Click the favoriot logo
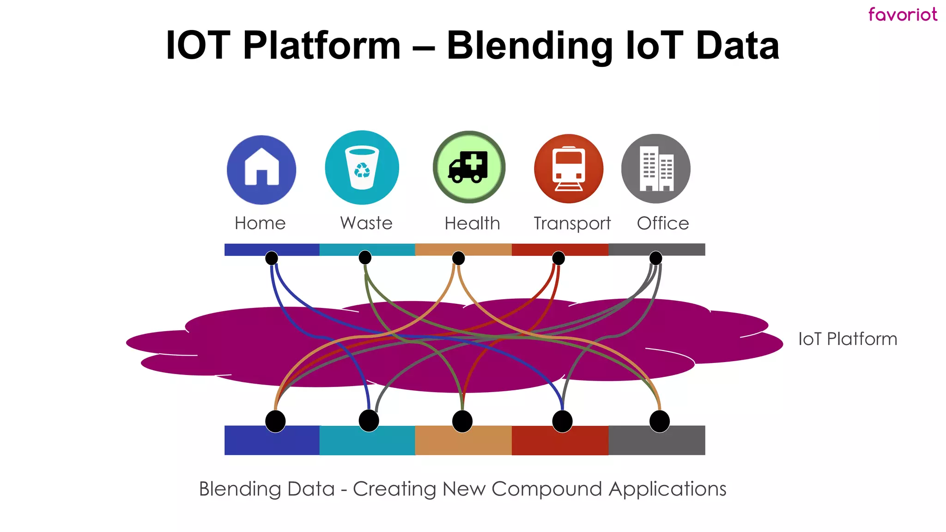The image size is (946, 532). (x=903, y=14)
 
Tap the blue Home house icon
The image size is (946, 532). (x=261, y=169)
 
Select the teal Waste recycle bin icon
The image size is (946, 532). (x=362, y=168)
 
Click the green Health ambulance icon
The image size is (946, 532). (x=469, y=167)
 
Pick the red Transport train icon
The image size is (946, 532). (x=569, y=169)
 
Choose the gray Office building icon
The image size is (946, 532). (x=656, y=169)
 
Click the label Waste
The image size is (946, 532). (x=366, y=223)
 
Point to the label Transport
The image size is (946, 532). (x=572, y=224)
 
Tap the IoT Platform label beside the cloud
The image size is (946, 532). (x=848, y=339)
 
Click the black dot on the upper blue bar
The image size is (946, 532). (x=272, y=258)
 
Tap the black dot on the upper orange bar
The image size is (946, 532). (x=458, y=258)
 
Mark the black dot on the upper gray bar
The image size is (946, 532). (x=655, y=258)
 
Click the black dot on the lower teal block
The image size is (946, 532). (x=369, y=421)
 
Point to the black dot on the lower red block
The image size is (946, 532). (x=562, y=421)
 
